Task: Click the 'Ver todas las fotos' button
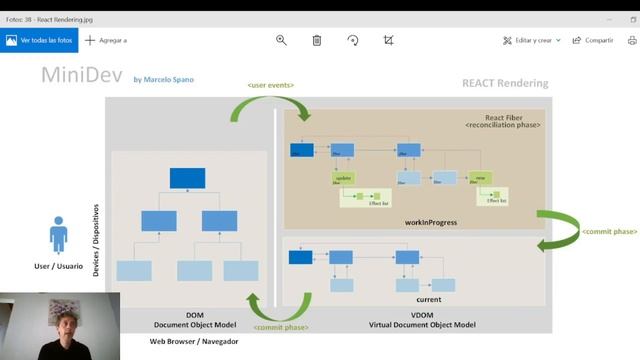39,40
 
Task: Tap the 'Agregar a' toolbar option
106,40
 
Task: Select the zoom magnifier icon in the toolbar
281,40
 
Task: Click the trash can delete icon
317,40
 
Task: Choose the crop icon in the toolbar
389,40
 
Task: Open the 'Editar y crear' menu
532,40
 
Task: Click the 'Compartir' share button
593,40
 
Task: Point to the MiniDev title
80,74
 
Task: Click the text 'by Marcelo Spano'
165,78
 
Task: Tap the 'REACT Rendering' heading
505,83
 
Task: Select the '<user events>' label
270,86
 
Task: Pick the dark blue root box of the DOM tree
187,178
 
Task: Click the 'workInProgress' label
431,222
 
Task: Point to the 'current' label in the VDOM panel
428,298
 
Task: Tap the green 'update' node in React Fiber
344,177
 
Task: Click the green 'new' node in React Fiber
481,177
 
